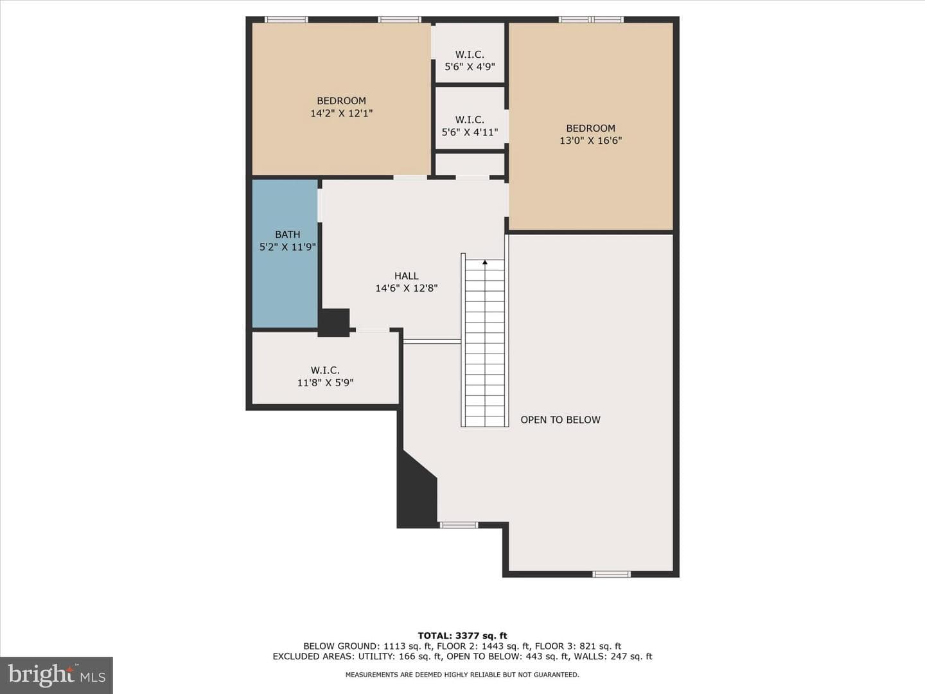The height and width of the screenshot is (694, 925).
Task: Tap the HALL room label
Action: (406, 276)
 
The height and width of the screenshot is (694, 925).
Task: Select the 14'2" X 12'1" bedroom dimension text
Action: (341, 113)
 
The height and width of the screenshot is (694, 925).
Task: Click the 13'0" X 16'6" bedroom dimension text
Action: (590, 141)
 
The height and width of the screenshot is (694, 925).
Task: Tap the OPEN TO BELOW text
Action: (560, 420)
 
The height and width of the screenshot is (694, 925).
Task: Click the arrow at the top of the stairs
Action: (485, 263)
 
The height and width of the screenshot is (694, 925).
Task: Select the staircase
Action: (484, 341)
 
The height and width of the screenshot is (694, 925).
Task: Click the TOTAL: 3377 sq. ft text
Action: (463, 636)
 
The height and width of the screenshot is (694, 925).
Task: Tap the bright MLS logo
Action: (57, 675)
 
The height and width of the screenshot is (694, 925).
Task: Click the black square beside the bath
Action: (334, 323)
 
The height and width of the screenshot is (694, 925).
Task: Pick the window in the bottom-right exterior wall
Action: (612, 574)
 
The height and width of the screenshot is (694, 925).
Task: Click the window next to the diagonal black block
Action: (459, 525)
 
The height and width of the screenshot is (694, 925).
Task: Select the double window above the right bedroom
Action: (591, 19)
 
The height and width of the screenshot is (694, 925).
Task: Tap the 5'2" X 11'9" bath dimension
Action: (287, 247)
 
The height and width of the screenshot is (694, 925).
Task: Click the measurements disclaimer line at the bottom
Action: (463, 675)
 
